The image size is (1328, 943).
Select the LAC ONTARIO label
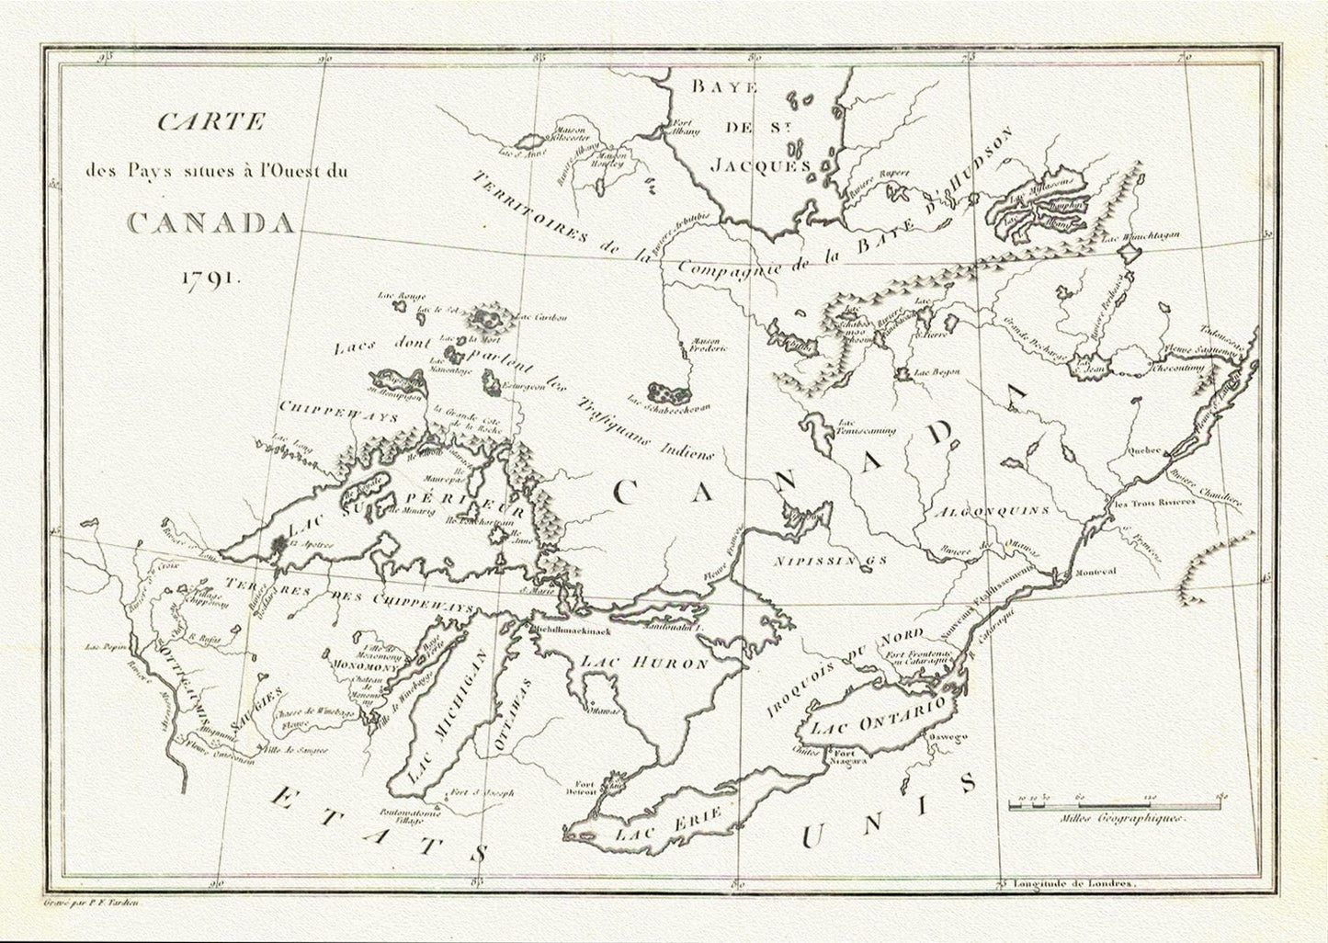(x=878, y=714)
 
